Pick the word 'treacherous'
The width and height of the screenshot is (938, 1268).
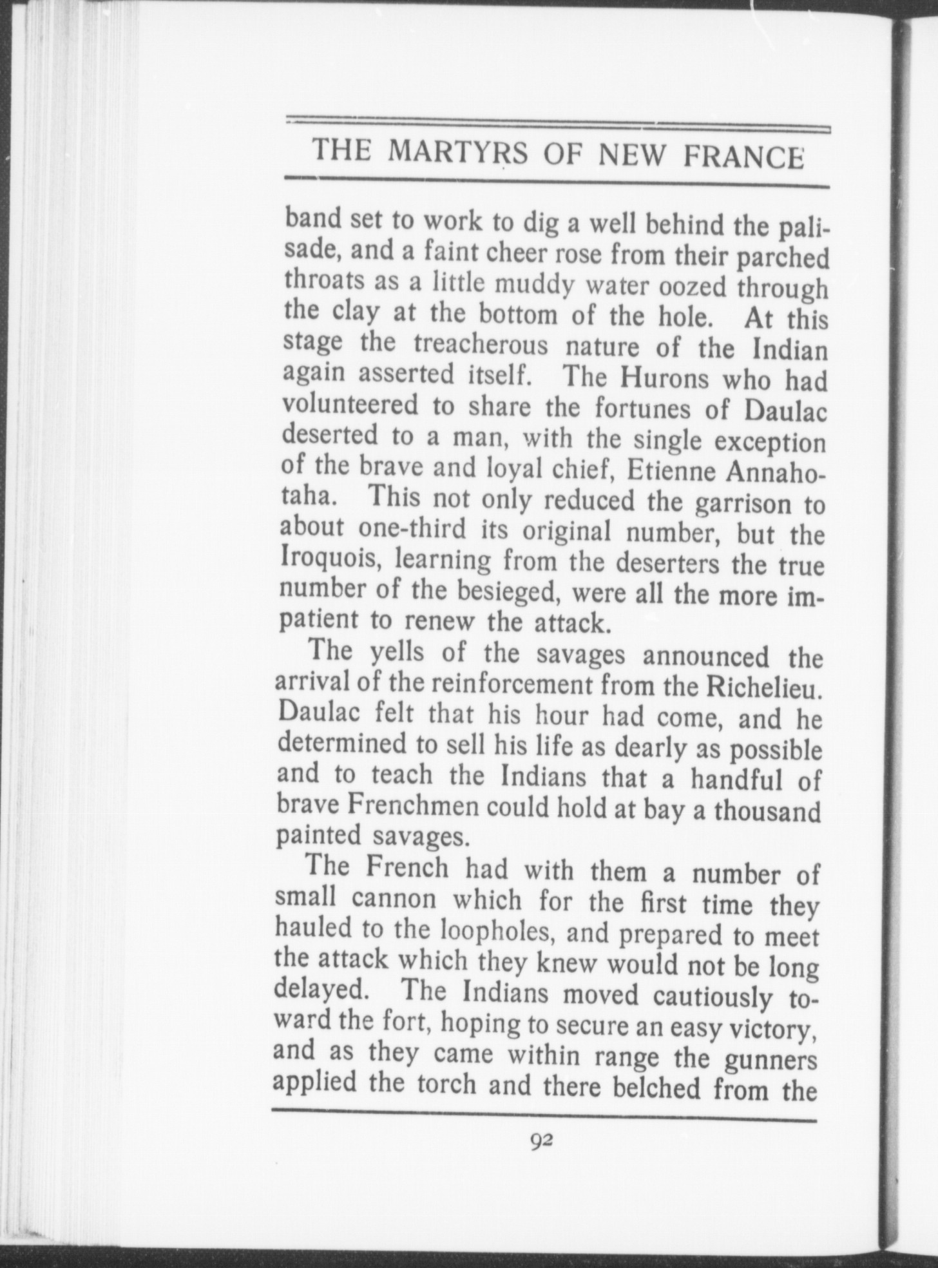[x=481, y=345]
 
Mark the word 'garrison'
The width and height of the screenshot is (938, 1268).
[x=743, y=504]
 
